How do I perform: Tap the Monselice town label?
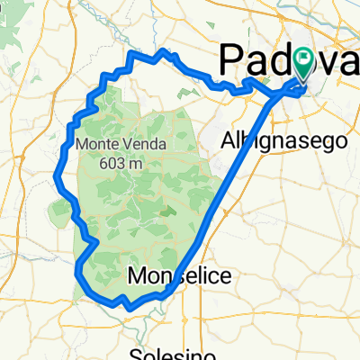(x=178, y=274)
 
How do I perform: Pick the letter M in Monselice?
(x=139, y=274)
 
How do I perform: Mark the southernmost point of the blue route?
(x=130, y=309)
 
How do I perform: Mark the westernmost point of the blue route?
(x=58, y=171)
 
